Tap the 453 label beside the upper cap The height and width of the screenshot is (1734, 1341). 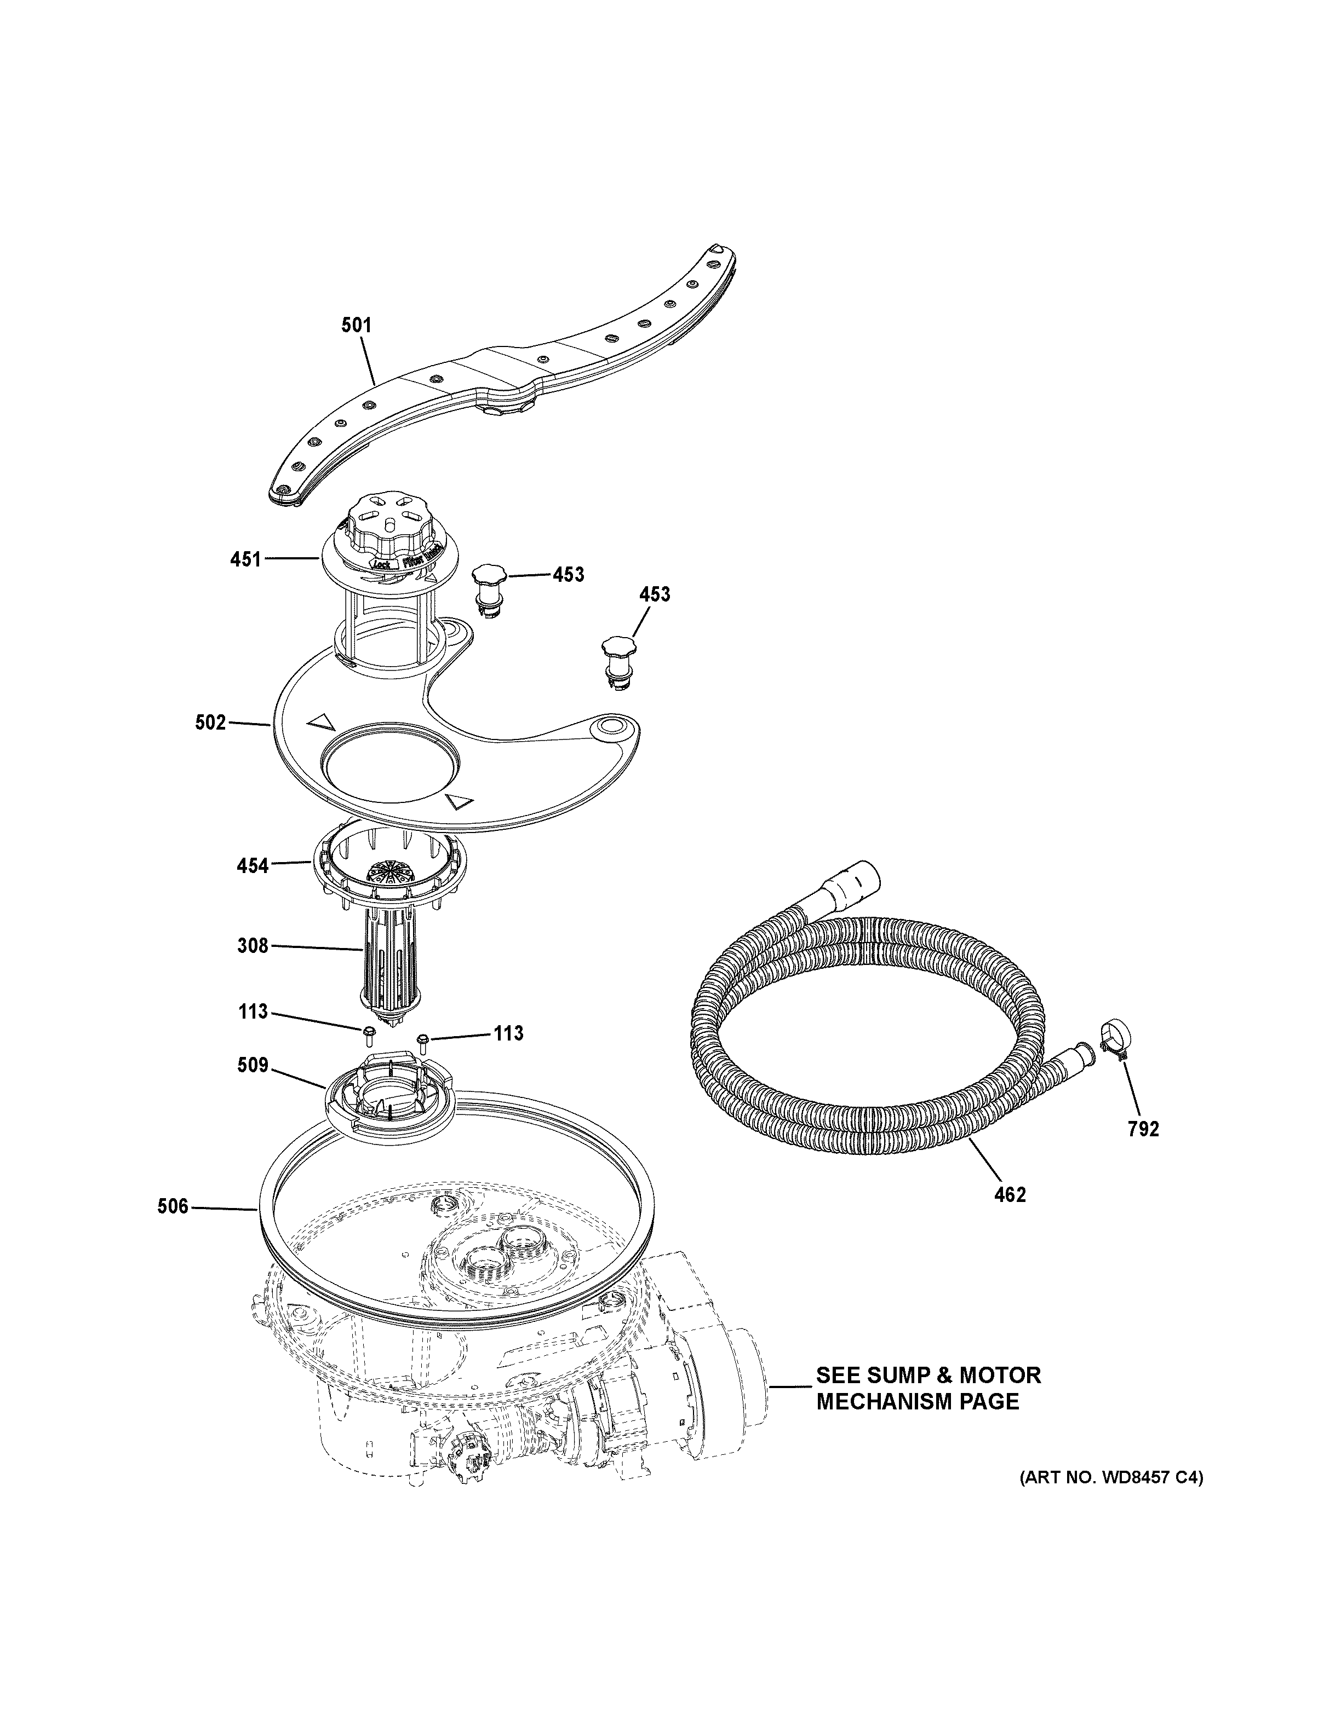click(x=568, y=574)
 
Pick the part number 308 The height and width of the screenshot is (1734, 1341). click(x=253, y=946)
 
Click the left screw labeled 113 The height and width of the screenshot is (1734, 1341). click(x=369, y=1032)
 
